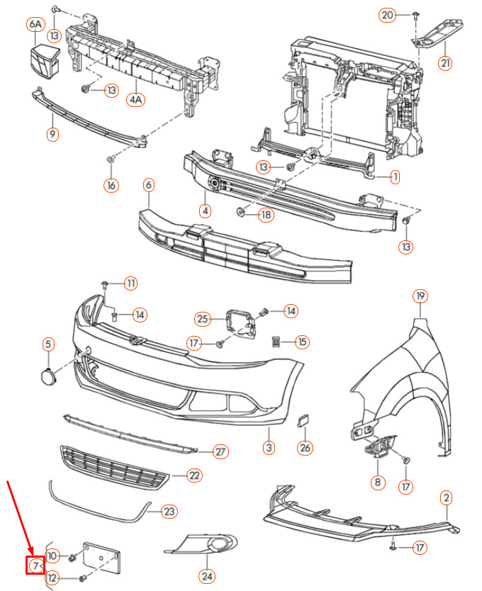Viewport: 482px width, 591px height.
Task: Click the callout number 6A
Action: coord(35,24)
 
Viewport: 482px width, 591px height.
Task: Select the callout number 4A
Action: coord(135,99)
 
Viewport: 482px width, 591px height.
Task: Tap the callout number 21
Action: coord(445,62)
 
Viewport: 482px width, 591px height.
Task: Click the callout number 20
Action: coord(387,15)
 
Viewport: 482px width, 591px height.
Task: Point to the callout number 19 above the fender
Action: coord(420,296)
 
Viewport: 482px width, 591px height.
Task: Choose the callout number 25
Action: coord(203,320)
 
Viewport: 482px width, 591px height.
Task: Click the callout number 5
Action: coord(48,344)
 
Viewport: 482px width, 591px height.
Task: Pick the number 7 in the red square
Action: coord(35,565)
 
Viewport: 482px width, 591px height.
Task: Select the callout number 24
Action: coord(207,576)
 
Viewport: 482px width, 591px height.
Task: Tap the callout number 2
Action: coord(446,497)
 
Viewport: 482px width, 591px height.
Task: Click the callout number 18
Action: coord(266,215)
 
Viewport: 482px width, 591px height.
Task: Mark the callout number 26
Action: coord(305,448)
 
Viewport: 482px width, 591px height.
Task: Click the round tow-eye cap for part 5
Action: coord(48,376)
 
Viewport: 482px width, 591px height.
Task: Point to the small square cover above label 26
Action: coord(303,421)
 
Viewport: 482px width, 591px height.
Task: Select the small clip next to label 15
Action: coord(276,342)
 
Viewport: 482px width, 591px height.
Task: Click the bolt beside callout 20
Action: coord(415,16)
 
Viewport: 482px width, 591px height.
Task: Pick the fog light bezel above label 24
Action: coord(202,544)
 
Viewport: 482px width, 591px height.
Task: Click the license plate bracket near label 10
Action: coord(101,558)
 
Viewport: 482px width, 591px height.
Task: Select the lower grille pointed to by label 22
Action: coord(114,468)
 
